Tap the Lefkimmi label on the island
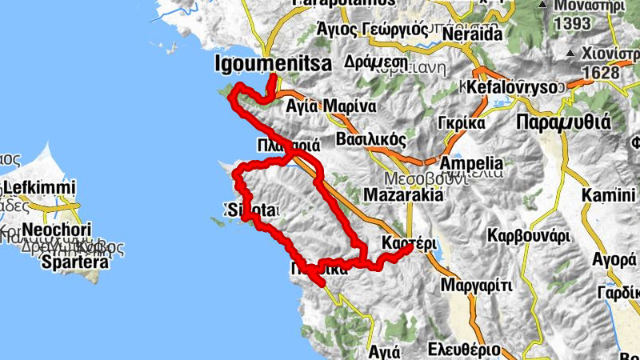click(39, 190)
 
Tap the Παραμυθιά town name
click(563, 122)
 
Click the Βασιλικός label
click(370, 138)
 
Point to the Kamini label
click(610, 195)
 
